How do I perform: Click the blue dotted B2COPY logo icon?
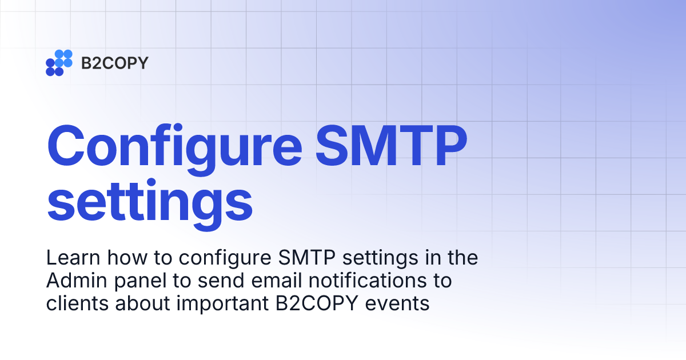pyautogui.click(x=59, y=62)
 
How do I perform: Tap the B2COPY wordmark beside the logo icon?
pyautogui.click(x=114, y=63)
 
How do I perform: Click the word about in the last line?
pyautogui.click(x=139, y=303)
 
